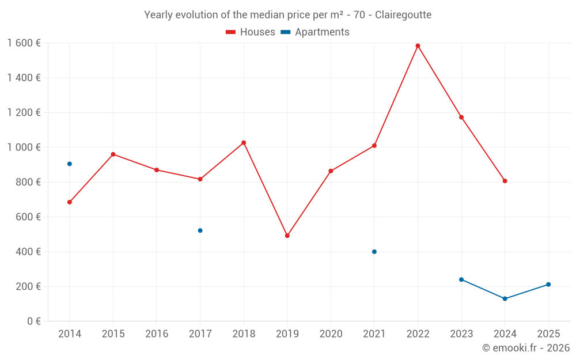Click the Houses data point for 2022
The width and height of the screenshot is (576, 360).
coord(418,46)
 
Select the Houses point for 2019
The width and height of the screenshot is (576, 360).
coord(287,236)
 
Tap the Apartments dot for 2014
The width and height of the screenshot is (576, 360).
coord(70,164)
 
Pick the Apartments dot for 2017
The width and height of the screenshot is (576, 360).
coord(200,230)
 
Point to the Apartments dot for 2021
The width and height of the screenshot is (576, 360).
coord(374,252)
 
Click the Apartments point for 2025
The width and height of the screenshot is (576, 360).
coord(548,285)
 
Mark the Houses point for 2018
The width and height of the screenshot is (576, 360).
coord(244,143)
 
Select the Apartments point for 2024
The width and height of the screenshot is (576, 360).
coord(505,299)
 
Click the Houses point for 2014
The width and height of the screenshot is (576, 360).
coord(70,202)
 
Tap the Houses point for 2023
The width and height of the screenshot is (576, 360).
coord(461,118)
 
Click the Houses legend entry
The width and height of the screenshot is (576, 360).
coord(251,32)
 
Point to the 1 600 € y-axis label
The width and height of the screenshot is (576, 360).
coord(24,43)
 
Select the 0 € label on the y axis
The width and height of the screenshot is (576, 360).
coord(32,321)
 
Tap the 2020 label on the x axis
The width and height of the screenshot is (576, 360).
coord(331,334)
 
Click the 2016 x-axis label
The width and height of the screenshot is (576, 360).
coord(157,334)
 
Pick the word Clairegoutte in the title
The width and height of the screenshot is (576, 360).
coord(403,15)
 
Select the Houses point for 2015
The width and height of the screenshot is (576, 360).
coord(113,154)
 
